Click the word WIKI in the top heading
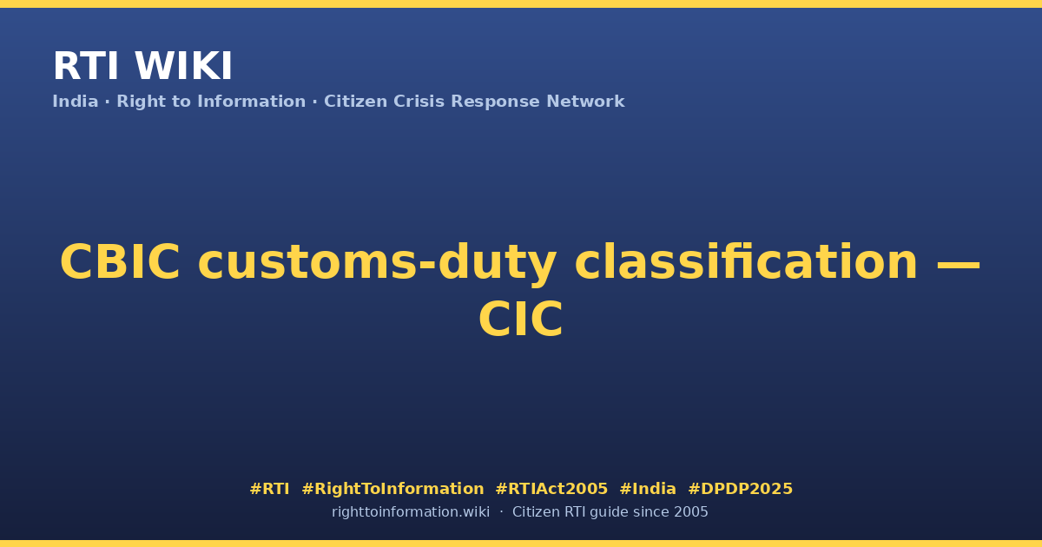[183, 66]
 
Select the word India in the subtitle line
[76, 102]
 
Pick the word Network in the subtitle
[585, 102]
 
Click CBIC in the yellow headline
[120, 262]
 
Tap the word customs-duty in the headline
[377, 263]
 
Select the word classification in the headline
[746, 262]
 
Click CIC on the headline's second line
[521, 320]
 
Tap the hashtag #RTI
[269, 489]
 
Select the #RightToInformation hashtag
[392, 489]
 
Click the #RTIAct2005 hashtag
[551, 489]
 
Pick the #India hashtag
[648, 489]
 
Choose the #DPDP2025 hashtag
[740, 489]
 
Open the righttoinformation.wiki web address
[410, 512]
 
